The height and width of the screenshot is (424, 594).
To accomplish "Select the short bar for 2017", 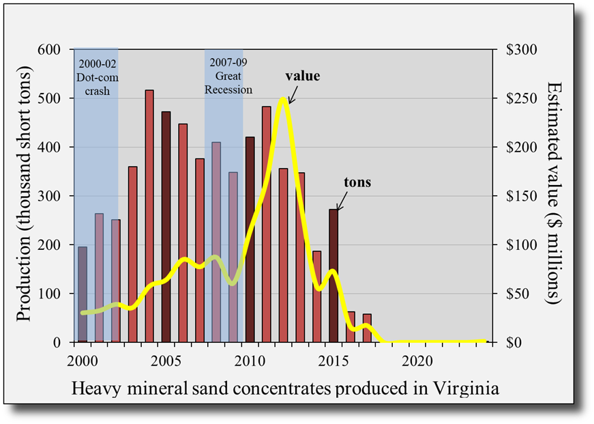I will (367, 328).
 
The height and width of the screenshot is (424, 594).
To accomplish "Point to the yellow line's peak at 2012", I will (283, 99).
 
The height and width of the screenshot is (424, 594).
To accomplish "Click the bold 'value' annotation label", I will (302, 76).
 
